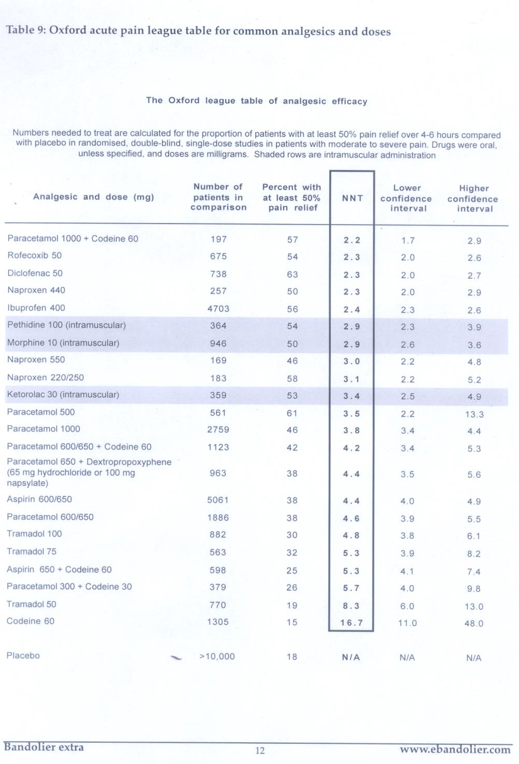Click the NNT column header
tap(352, 198)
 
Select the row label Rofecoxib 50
tap(34, 256)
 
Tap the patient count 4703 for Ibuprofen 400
tap(218, 309)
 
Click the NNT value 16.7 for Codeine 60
tap(351, 623)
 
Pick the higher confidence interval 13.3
tap(474, 414)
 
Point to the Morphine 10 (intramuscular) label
tap(63, 343)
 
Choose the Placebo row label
tap(23, 656)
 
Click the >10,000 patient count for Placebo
tap(217, 657)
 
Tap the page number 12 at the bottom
tap(260, 751)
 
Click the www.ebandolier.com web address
tap(455, 749)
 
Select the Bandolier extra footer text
tap(44, 747)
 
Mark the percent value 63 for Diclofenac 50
tap(292, 274)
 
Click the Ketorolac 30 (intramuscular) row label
tap(63, 395)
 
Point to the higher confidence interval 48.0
tap(474, 623)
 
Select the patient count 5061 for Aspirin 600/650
tap(218, 500)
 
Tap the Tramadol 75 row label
tap(32, 551)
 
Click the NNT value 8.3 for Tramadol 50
tap(351, 606)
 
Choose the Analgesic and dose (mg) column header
tap(93, 197)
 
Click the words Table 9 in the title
tap(25, 30)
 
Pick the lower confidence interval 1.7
tap(408, 241)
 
